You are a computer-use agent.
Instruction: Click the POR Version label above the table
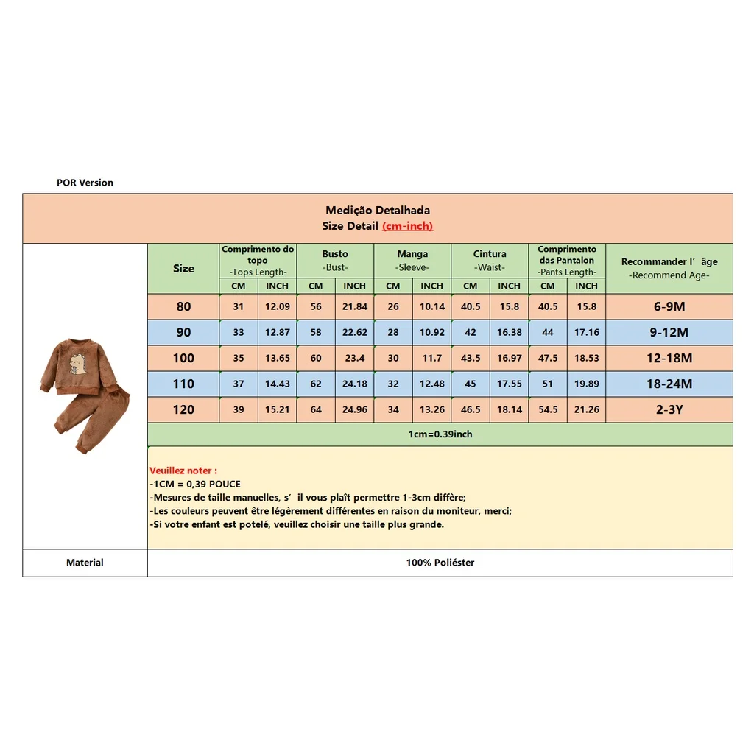tap(85, 183)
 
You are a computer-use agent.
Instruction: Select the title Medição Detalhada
tap(378, 211)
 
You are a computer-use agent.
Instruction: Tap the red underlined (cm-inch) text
tap(407, 226)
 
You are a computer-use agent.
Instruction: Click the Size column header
tap(183, 269)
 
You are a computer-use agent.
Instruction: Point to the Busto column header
tap(335, 254)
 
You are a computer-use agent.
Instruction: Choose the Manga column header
tap(412, 254)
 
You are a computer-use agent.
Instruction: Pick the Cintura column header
tap(490, 254)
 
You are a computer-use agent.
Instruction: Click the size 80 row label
tap(183, 306)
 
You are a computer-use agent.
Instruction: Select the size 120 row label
tap(183, 409)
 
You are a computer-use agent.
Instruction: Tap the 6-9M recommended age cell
tap(669, 306)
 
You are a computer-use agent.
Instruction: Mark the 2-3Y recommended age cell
tap(669, 409)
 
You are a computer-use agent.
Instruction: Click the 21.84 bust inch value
tap(354, 306)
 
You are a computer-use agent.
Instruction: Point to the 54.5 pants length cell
tap(548, 409)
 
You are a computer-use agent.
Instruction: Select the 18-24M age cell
tap(669, 384)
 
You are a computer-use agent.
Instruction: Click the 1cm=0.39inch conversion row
tap(440, 434)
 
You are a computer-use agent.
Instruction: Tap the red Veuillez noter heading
tap(183, 471)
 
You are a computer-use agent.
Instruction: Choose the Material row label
tap(85, 563)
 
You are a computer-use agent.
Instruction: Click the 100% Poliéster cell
tap(440, 563)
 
